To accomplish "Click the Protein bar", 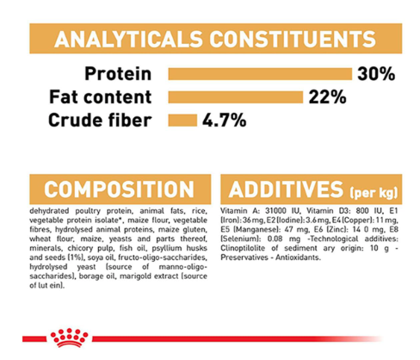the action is pos(260,74).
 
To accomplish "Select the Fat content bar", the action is pos(236,97).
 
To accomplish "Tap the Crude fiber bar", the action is pos(182,120).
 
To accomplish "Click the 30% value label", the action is pos(376,74).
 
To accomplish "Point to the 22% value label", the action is pos(327,97).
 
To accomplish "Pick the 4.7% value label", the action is pos(224,120).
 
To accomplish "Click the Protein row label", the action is pos(118,74).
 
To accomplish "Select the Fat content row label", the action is pos(101,97).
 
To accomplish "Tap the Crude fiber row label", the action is pos(100,120).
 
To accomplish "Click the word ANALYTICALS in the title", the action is pos(128,39).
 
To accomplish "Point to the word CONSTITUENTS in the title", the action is pos(293,39).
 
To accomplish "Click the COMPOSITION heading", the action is pos(120,189).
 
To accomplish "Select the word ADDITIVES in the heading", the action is pos(286,189).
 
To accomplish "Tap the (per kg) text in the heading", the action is pos(374,192).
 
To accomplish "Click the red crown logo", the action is pos(69,338).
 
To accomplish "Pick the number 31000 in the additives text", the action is pos(275,211).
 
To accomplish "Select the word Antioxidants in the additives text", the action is pos(298,258).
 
